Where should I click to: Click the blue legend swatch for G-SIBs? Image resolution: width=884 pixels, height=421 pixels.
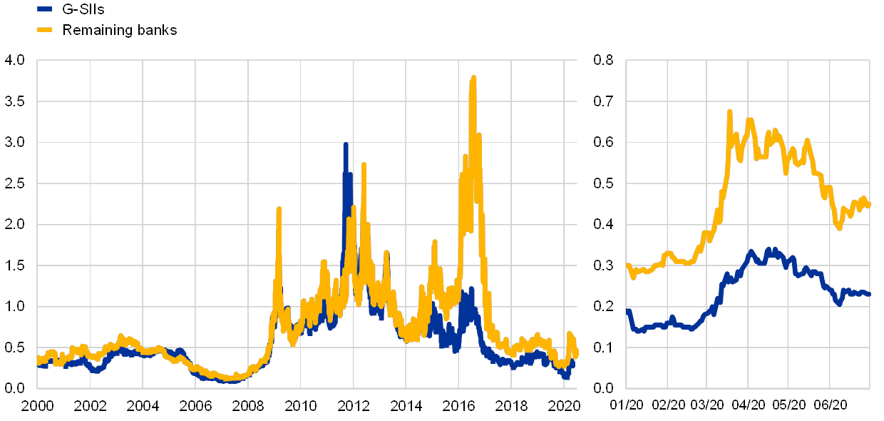tap(44, 9)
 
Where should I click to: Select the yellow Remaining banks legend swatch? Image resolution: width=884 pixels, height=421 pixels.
tap(44, 30)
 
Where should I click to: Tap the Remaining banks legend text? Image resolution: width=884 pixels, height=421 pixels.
tap(120, 30)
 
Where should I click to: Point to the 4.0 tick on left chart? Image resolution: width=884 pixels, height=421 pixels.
tap(14, 61)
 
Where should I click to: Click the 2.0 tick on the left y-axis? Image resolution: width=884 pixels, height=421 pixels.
tap(14, 224)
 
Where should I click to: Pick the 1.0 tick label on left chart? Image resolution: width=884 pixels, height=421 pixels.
tap(14, 306)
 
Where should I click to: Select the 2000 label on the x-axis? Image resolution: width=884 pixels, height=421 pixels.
tap(38, 406)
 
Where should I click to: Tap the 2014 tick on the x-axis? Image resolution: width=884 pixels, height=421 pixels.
tap(406, 406)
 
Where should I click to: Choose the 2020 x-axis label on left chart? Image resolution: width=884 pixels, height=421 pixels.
tap(563, 406)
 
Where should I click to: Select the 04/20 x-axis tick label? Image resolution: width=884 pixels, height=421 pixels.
tap(749, 406)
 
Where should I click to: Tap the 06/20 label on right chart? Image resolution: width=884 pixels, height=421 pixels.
tap(831, 406)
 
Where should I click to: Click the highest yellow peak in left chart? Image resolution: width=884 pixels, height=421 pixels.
tap(473, 78)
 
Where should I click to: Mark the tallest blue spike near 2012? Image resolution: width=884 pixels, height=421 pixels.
tap(346, 145)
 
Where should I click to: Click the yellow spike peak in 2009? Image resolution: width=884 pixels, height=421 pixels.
tap(278, 209)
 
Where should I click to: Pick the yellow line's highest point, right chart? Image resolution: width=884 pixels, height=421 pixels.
tap(730, 112)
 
